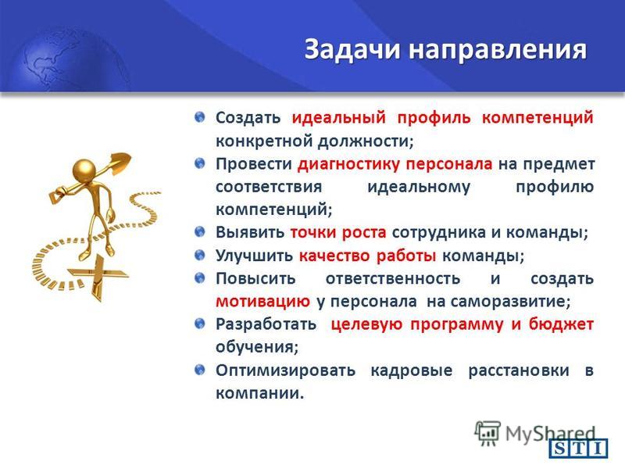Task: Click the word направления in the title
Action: point(498,50)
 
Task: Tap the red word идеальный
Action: point(339,118)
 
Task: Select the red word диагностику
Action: point(348,164)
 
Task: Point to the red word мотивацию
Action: point(262,301)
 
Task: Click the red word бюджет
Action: point(561,324)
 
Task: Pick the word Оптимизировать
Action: point(285,371)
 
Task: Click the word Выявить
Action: point(250,232)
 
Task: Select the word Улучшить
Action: point(254,256)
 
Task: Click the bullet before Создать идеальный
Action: point(200,117)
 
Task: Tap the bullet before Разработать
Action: point(200,324)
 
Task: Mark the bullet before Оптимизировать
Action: point(200,370)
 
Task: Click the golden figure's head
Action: point(84,170)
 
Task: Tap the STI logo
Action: point(578,449)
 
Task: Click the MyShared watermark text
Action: point(551,433)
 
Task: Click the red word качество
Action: point(334,256)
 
